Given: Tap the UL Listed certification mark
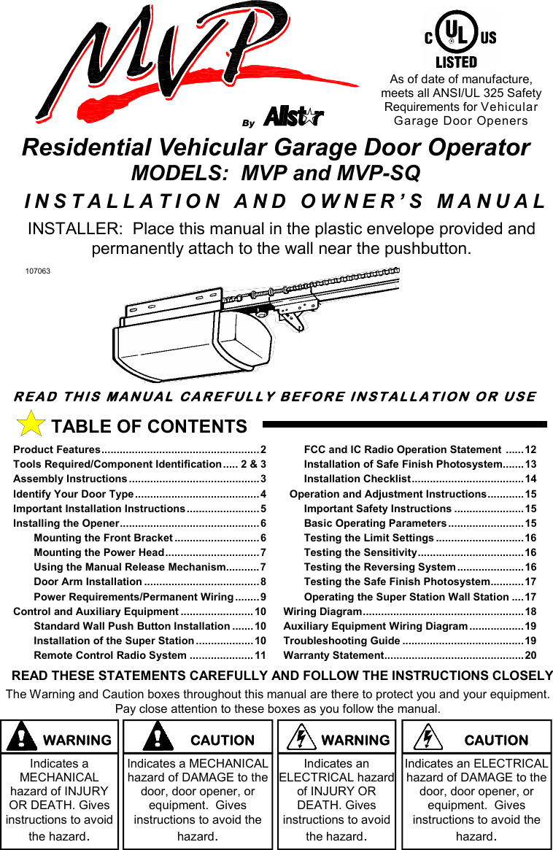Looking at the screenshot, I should pyautogui.click(x=457, y=41).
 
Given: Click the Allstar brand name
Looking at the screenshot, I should pyautogui.click(x=293, y=117).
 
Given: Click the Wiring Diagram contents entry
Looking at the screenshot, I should pyautogui.click(x=322, y=611).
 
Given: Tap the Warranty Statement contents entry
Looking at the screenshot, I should pyautogui.click(x=333, y=655).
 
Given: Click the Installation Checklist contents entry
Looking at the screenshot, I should pyautogui.click(x=357, y=479).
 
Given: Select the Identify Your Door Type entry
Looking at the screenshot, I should pyautogui.click(x=73, y=494).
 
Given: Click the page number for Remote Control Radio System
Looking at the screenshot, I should pyautogui.click(x=260, y=655).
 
